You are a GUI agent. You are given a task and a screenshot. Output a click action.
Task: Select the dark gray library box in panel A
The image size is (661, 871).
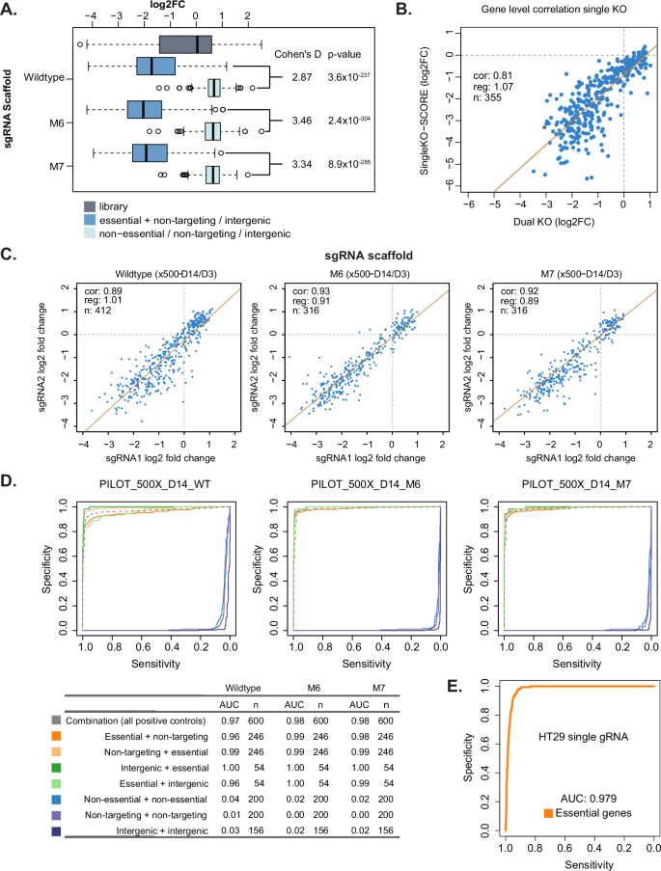tap(200, 44)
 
